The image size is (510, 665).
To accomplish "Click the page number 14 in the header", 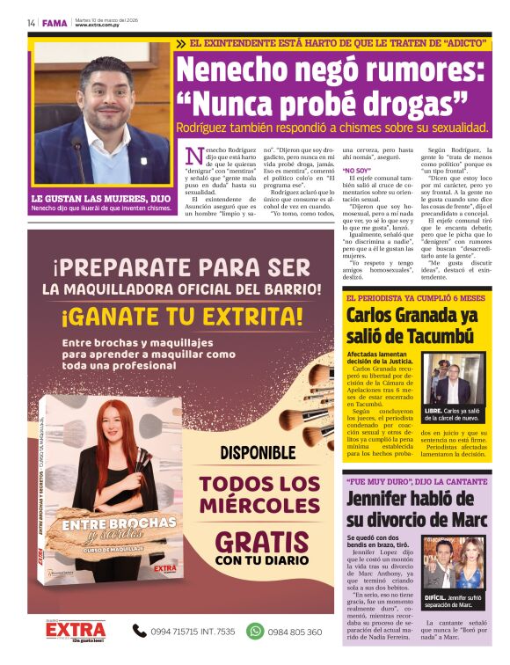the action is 31,23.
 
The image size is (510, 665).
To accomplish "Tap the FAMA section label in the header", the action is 55,23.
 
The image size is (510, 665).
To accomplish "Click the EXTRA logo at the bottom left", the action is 76,632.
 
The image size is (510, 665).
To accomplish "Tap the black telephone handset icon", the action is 140,631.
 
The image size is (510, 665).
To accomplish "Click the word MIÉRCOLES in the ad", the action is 259,506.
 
